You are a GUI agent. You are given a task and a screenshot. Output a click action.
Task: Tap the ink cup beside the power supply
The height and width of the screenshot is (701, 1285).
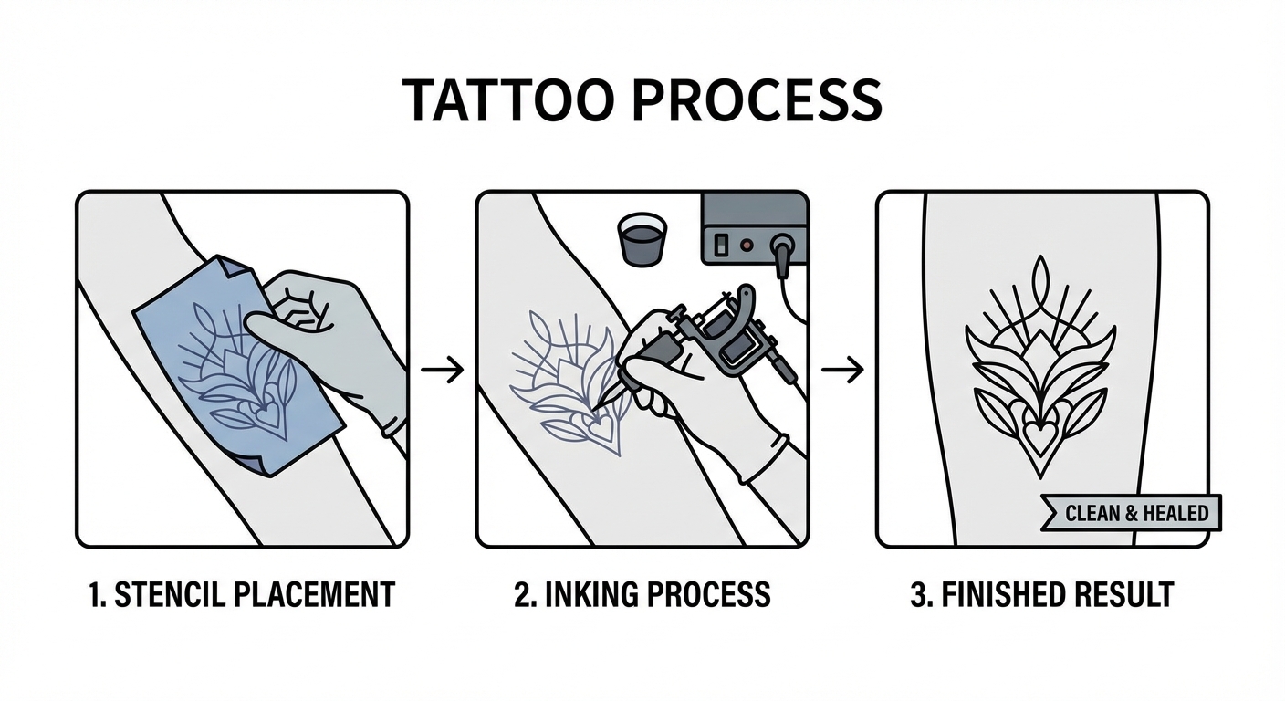[642, 239]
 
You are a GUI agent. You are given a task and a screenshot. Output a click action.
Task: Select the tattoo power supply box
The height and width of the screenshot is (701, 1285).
[755, 228]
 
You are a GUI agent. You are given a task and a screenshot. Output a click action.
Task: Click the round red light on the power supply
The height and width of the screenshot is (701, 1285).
[746, 245]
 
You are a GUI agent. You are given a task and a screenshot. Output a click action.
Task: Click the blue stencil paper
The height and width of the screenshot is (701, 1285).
[239, 365]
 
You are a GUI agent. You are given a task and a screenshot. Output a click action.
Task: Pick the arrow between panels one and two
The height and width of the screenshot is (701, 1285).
[442, 370]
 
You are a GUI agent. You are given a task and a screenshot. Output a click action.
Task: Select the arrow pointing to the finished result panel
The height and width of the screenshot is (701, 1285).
[842, 370]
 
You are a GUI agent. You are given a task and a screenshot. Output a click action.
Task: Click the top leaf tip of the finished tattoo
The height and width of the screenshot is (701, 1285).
[1040, 257]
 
